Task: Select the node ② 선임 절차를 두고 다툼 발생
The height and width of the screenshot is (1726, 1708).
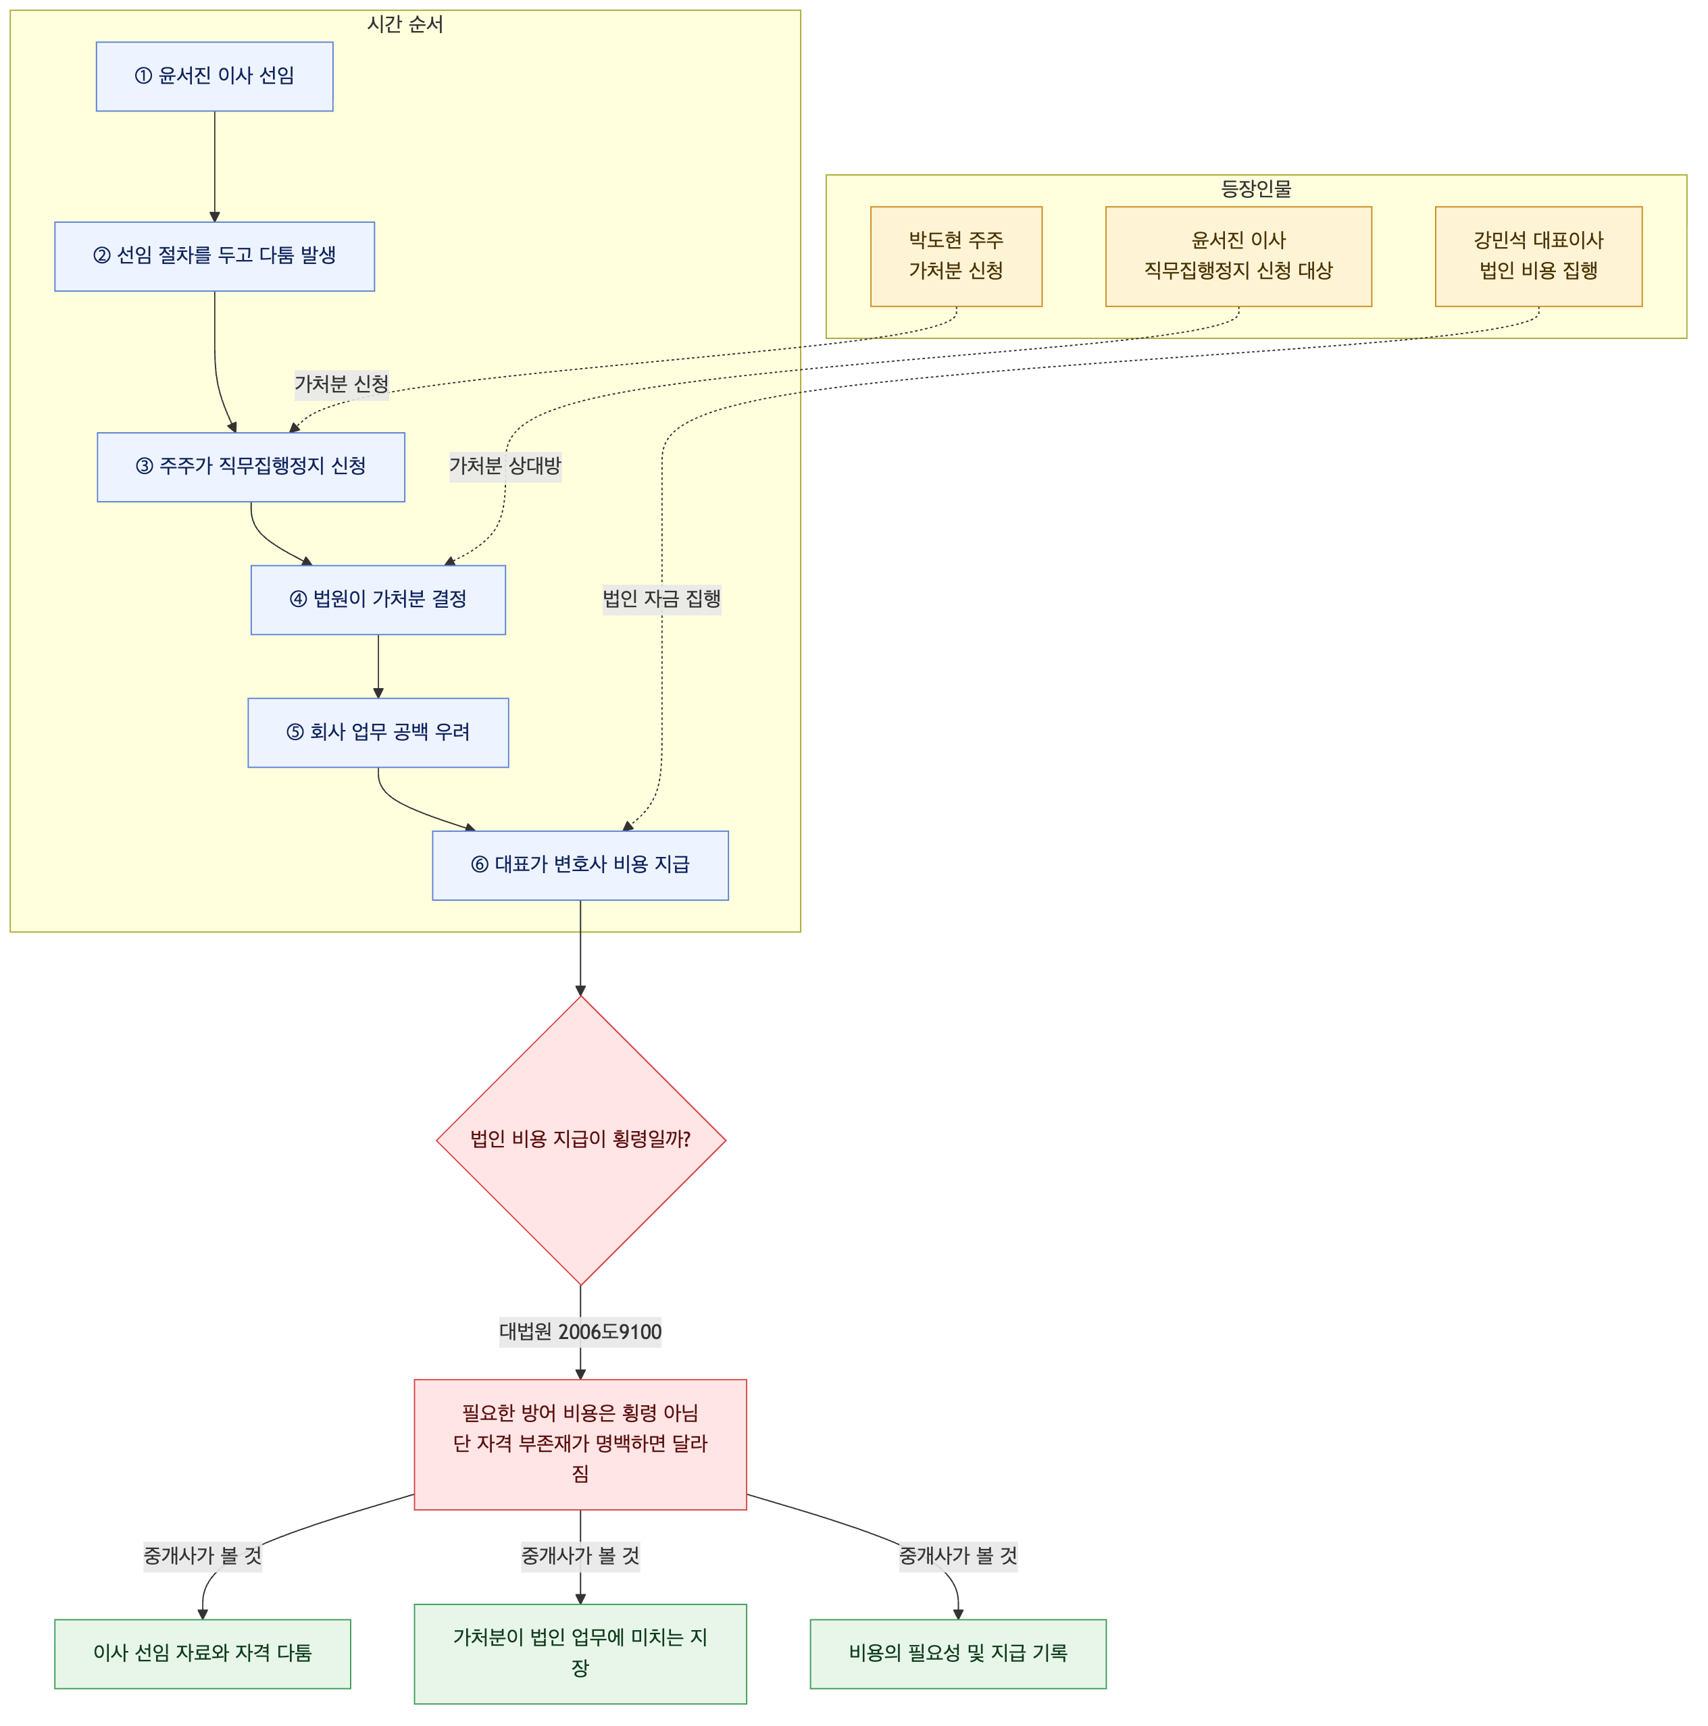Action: [x=214, y=257]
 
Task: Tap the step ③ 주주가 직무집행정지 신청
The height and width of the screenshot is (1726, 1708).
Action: [x=251, y=467]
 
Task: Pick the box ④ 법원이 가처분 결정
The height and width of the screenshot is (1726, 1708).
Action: [x=378, y=600]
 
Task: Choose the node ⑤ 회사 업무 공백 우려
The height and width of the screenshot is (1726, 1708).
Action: [x=378, y=733]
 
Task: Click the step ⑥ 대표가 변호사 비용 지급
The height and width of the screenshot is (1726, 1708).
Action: [x=580, y=866]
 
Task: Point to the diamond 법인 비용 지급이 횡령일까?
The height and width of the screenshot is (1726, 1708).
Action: [x=581, y=1141]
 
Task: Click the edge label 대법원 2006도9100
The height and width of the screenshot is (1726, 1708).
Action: [x=580, y=1332]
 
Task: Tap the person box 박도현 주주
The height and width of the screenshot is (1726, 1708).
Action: [x=956, y=257]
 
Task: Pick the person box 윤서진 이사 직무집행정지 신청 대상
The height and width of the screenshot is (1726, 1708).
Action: [x=1238, y=257]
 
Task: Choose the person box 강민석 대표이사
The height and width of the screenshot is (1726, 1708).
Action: [x=1538, y=257]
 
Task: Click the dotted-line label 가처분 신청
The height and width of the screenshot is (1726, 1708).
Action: [x=341, y=384]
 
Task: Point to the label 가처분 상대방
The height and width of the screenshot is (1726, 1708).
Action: [x=505, y=467]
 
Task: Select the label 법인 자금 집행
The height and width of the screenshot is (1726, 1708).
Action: [x=661, y=600]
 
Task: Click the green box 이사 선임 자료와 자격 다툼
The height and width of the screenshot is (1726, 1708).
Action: [x=203, y=1654]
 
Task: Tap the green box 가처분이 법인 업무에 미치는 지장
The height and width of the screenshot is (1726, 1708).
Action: [x=580, y=1654]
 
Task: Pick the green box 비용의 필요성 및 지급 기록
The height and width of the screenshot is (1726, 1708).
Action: [x=958, y=1654]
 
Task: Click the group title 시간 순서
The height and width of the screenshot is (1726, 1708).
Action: [x=405, y=24]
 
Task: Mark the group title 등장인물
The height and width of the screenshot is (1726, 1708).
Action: [x=1256, y=188]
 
